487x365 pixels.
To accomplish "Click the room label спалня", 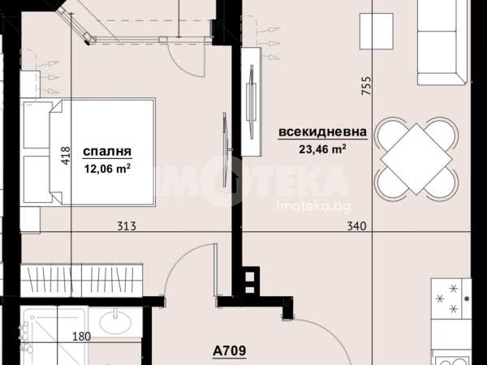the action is click(107, 152).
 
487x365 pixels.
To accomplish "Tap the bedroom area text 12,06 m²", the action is click(107, 169).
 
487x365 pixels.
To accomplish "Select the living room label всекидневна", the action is click(323, 132).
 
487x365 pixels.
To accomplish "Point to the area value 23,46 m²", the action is click(323, 149).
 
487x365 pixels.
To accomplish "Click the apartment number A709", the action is click(230, 350).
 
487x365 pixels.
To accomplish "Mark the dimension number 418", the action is click(67, 156).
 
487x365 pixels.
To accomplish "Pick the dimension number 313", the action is click(127, 225).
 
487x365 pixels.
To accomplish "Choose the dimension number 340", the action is click(356, 225).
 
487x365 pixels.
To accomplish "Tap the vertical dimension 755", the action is click(366, 86).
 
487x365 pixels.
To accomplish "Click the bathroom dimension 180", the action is click(82, 336).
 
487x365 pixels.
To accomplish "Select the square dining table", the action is click(417, 159).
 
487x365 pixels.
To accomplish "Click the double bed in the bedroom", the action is click(88, 152).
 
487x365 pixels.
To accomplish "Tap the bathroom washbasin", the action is click(115, 321).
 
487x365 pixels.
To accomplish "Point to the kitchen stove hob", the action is click(451, 298).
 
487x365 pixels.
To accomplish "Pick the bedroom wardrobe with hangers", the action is click(82, 281).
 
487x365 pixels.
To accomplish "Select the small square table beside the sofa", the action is click(376, 31).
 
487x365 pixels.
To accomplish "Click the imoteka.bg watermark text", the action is click(313, 206).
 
